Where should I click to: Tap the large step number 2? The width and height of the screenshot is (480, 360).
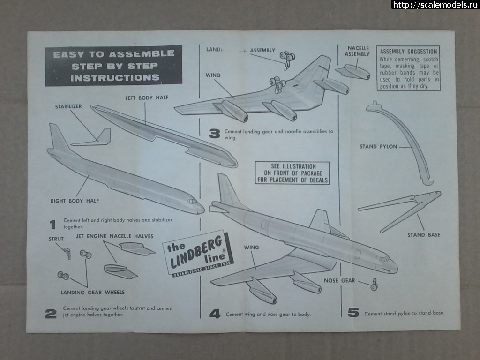tap(51, 314)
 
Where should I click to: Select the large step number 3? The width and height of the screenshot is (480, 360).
tap(214, 135)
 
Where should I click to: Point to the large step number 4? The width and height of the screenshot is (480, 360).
tap(214, 314)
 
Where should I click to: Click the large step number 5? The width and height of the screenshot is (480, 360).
tap(353, 313)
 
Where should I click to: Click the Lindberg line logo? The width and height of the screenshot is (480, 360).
tap(196, 253)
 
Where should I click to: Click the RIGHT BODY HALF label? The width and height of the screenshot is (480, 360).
tap(75, 201)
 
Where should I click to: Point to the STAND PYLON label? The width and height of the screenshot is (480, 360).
tap(378, 147)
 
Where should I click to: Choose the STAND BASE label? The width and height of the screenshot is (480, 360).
tap(423, 234)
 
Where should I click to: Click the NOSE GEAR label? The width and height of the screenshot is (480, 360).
tap(339, 281)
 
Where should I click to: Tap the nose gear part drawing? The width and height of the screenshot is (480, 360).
tap(374, 285)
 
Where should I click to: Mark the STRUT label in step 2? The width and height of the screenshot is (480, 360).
tap(56, 239)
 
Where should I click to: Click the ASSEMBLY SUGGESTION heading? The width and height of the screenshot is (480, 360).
tap(408, 52)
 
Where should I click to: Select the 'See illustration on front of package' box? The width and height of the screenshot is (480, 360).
tap(292, 173)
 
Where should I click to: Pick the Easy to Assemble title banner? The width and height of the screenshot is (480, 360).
tap(113, 66)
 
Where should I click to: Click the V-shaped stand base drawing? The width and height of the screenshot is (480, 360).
tap(403, 209)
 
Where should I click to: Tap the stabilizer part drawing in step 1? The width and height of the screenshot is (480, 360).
tap(96, 138)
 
